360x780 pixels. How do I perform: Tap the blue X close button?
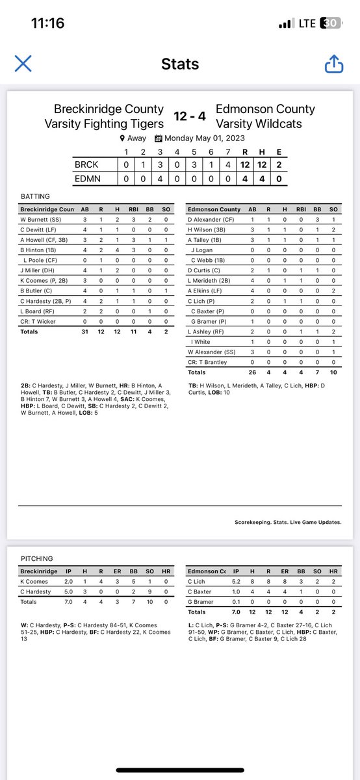[x=23, y=63]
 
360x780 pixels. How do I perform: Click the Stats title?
[x=179, y=64]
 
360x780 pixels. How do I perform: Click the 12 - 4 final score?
[x=190, y=116]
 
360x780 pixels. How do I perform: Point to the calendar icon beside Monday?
[x=158, y=138]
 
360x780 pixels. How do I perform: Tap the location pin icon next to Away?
[x=122, y=138]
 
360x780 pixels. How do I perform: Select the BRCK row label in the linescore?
[x=88, y=165]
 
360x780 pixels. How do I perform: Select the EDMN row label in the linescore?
[x=88, y=177]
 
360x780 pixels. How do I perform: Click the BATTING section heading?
[x=35, y=196]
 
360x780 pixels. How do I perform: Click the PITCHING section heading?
[x=38, y=558]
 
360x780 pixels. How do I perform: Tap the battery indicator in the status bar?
[x=331, y=23]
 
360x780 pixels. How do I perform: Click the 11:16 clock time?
[x=47, y=23]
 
